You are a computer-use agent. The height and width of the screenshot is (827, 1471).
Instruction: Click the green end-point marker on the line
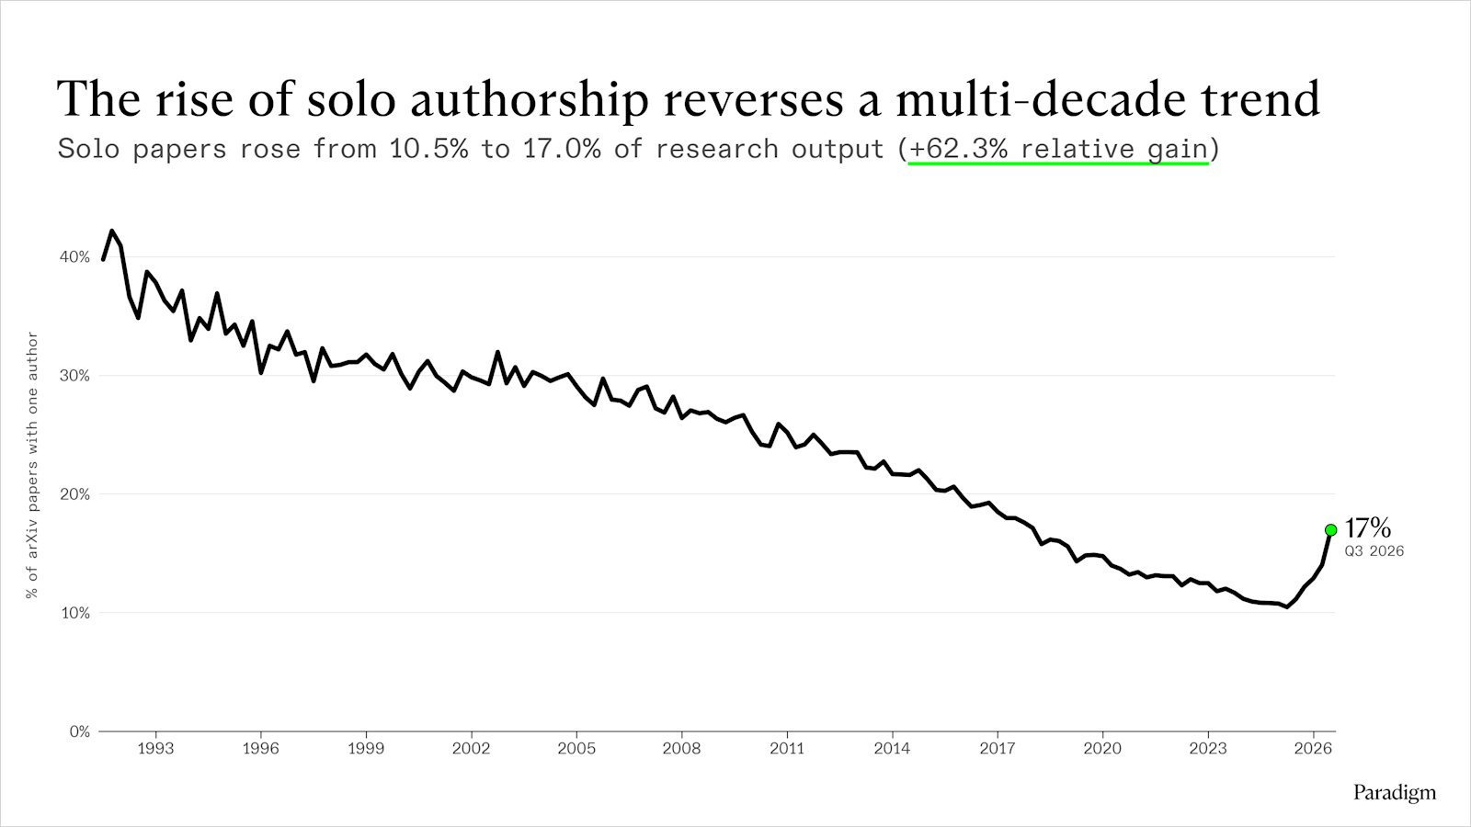(1331, 529)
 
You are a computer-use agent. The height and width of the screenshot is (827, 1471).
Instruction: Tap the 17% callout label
(1368, 527)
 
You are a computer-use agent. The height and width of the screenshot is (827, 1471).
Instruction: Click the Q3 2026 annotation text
(1374, 551)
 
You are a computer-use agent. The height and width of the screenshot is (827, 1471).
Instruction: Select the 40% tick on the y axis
(74, 256)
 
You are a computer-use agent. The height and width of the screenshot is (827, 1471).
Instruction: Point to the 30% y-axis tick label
(74, 376)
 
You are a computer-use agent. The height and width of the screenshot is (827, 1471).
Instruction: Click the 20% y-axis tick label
(74, 494)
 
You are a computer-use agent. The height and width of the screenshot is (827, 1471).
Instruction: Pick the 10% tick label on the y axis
(74, 613)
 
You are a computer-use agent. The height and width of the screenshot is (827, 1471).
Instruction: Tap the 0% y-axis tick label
(79, 731)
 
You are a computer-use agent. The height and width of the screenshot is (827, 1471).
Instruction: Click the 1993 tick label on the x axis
(155, 749)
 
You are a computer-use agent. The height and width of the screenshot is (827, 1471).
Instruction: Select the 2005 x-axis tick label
(576, 749)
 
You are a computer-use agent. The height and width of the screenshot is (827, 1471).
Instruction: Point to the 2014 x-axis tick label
(892, 749)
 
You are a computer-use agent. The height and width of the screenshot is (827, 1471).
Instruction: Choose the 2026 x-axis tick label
(1313, 749)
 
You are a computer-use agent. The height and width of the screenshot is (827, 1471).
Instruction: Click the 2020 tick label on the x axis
(1102, 749)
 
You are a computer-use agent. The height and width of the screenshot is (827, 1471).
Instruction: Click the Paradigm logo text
(1395, 793)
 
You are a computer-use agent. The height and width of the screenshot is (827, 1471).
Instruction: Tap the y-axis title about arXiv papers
(32, 465)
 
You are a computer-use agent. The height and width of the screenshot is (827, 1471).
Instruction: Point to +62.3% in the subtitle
(958, 149)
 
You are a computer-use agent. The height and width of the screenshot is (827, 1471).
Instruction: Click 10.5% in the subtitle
(429, 149)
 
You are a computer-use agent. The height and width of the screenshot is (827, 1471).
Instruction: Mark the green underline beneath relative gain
(1058, 164)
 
